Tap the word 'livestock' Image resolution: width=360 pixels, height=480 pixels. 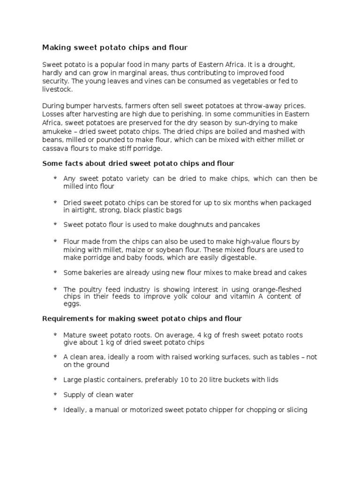57,89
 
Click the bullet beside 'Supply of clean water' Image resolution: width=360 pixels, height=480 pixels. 55,394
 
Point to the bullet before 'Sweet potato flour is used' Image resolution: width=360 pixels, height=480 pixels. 55,224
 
